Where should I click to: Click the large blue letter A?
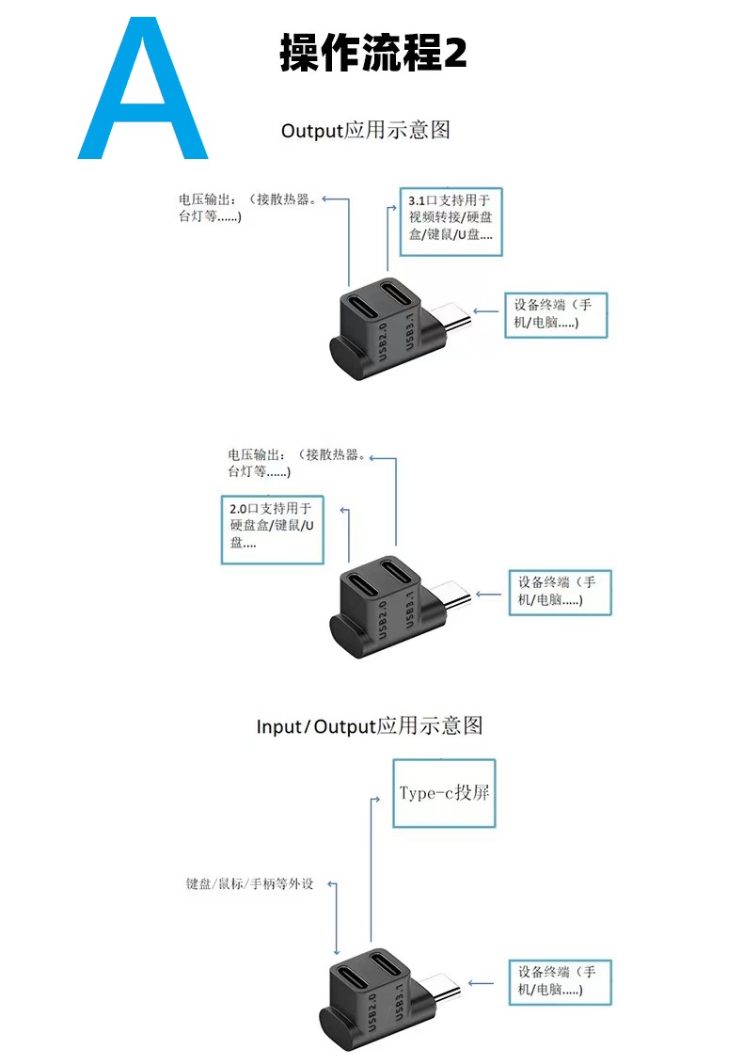(143, 89)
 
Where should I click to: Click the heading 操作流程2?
(372, 54)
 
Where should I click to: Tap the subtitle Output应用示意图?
(366, 130)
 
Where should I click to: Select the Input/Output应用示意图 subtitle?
(370, 726)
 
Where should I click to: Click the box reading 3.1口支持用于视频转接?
(451, 220)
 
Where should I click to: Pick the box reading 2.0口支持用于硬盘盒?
(272, 529)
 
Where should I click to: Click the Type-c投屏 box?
(444, 792)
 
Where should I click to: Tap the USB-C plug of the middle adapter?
(454, 599)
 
